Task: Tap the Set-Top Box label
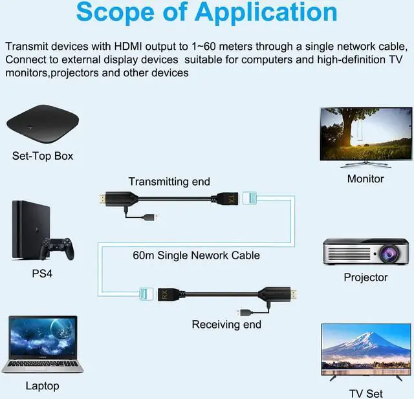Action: [43, 156]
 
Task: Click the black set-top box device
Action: [43, 121]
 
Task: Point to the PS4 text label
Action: [42, 274]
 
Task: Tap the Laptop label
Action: [42, 386]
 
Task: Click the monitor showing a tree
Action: [365, 135]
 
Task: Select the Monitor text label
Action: [365, 178]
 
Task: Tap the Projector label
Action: [365, 277]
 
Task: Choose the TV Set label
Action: [365, 393]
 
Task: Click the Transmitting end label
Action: [169, 182]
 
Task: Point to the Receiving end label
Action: [226, 324]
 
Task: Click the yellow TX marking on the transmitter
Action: [233, 198]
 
